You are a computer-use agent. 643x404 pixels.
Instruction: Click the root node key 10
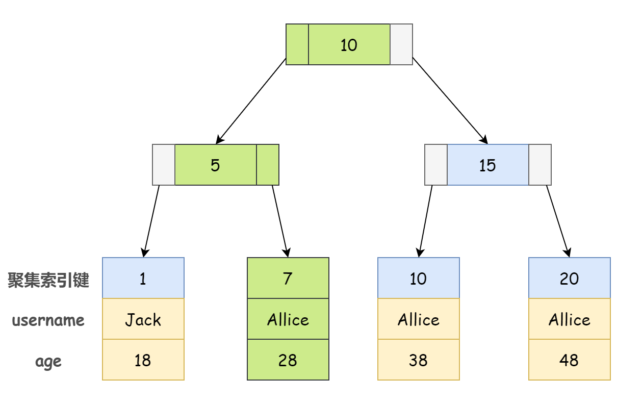click(349, 44)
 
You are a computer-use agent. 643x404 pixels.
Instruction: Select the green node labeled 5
click(216, 165)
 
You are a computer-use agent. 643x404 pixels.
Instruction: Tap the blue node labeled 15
click(487, 165)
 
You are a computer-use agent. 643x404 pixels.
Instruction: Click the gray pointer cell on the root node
click(401, 44)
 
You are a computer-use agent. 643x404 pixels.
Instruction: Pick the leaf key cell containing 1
click(143, 278)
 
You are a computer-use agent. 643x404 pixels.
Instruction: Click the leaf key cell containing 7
click(288, 278)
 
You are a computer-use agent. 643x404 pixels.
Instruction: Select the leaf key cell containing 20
click(570, 278)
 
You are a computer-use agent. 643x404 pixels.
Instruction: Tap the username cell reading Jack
click(143, 319)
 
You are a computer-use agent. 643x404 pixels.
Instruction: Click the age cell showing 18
click(143, 360)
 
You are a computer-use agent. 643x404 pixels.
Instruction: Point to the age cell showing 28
click(288, 360)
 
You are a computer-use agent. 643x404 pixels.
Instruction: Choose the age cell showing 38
click(419, 360)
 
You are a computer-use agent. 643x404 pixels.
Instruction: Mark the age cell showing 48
click(570, 360)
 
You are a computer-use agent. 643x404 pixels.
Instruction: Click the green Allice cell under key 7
click(288, 319)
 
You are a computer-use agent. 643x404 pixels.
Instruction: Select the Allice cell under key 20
click(570, 319)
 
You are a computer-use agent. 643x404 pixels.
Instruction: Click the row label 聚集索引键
click(48, 280)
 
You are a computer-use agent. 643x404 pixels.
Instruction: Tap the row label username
click(48, 320)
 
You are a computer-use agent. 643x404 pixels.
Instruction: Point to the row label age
click(48, 362)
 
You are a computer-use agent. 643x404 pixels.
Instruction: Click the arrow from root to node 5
click(251, 101)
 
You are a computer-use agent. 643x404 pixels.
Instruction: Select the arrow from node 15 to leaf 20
click(558, 221)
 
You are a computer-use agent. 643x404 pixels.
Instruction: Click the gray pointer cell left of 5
click(164, 165)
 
